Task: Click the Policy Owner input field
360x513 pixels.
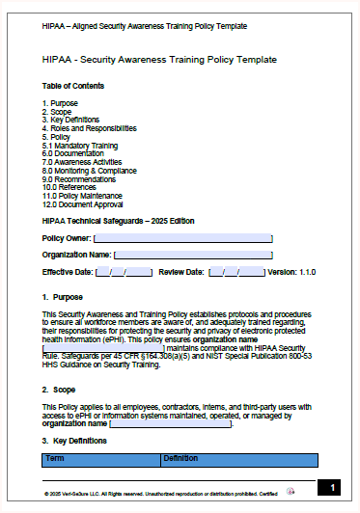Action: pyautogui.click(x=182, y=237)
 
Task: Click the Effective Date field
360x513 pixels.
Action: pyautogui.click(x=125, y=272)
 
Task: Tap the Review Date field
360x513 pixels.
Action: pyautogui.click(x=236, y=272)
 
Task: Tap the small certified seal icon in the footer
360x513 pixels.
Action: pyautogui.click(x=291, y=491)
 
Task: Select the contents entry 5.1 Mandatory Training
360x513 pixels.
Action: pyautogui.click(x=76, y=144)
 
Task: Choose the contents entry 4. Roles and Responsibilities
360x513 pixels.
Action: pyautogui.click(x=89, y=127)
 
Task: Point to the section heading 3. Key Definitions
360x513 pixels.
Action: pyautogui.click(x=75, y=440)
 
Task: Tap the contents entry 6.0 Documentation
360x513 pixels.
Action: pyautogui.click(x=73, y=152)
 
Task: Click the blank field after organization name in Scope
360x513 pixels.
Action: pyautogui.click(x=170, y=422)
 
